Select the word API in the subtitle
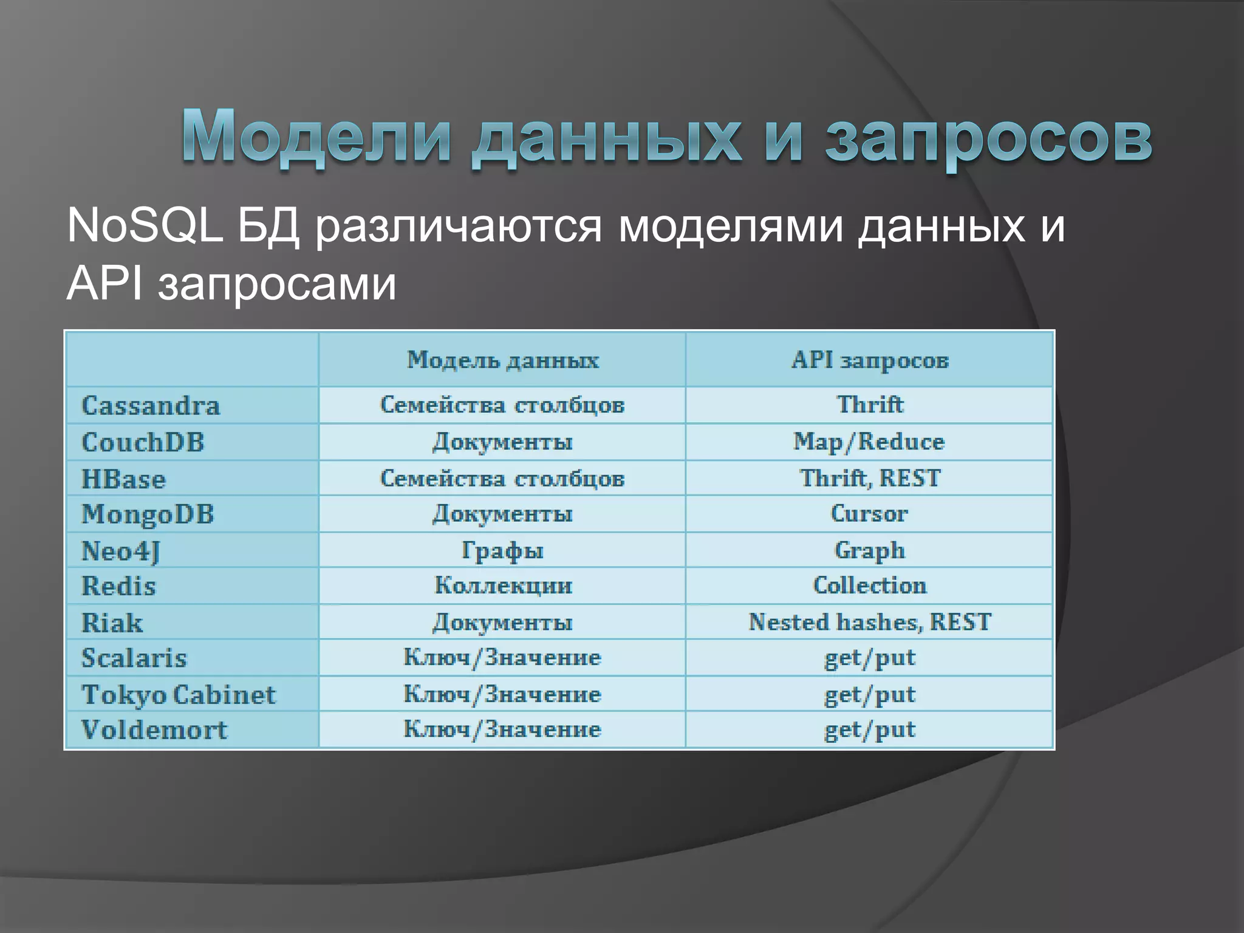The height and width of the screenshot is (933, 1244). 104,284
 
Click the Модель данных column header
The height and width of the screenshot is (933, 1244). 502,360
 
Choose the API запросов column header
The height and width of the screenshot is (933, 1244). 869,360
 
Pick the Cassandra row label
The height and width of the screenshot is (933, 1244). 151,406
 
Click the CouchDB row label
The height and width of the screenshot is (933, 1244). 143,442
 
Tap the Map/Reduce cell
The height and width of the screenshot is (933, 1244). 869,442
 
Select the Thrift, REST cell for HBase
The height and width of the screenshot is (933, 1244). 869,478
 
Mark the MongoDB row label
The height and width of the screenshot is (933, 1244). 148,514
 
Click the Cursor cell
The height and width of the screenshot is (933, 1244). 869,514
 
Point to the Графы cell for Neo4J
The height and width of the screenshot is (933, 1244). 502,550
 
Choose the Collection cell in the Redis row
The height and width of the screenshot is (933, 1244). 869,586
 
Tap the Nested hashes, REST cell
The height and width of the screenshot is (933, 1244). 869,622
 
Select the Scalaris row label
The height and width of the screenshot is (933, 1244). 134,658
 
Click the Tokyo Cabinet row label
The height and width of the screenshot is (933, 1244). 179,694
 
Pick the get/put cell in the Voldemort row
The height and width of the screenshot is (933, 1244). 869,730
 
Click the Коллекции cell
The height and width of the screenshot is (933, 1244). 503,586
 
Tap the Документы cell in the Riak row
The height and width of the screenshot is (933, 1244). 502,622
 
